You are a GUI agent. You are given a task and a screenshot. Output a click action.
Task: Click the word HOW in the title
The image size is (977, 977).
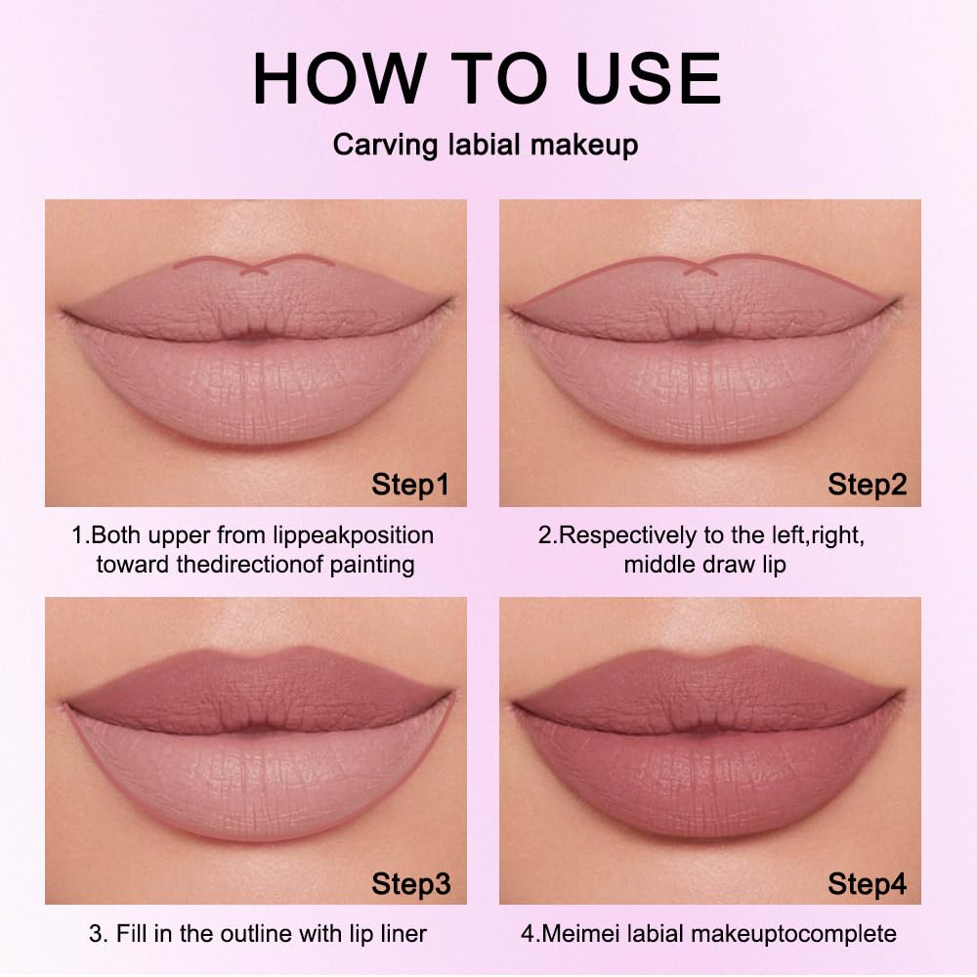coord(340,78)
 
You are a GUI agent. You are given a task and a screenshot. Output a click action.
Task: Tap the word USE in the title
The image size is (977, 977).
coord(648,78)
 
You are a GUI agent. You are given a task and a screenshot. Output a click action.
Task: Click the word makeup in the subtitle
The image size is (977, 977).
coord(584,146)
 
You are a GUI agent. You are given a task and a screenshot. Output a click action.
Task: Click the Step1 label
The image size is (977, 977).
coord(410,485)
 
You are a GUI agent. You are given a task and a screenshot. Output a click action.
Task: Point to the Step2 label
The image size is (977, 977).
coord(867,485)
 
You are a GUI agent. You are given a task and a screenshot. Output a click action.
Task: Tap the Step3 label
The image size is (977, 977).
coord(410,883)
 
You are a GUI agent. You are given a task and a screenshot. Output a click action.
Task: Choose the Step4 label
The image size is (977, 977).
coord(867,883)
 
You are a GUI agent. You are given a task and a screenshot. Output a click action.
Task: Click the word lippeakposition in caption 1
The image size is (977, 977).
coord(354,535)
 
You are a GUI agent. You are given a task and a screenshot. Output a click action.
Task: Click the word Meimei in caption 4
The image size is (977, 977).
coord(581,933)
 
